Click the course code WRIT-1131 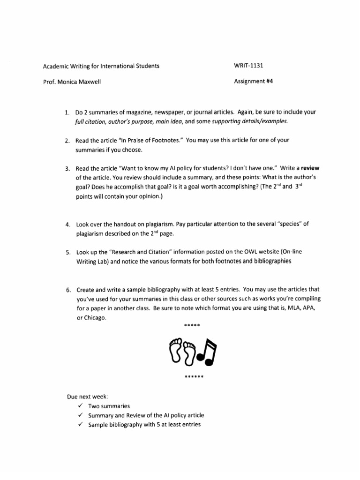click(248, 66)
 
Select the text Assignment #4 click(253, 81)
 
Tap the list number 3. click(67, 168)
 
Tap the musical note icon click(206, 351)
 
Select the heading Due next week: click(88, 397)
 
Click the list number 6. click(67, 290)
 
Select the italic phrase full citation click(90, 121)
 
